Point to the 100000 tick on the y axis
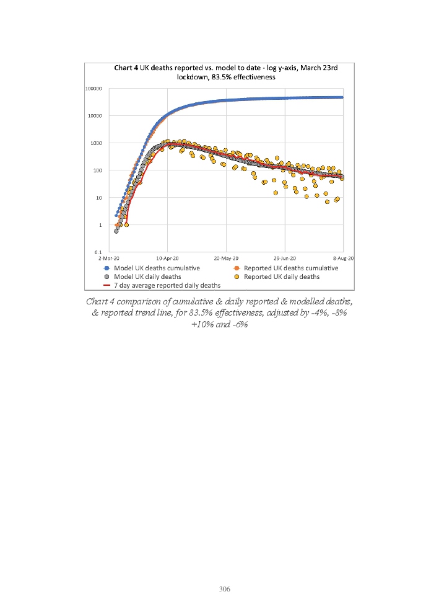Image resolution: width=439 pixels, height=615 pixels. tap(93, 88)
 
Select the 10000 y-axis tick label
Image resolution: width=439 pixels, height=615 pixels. tap(95, 116)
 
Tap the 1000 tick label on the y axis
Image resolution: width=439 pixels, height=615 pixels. tap(97, 143)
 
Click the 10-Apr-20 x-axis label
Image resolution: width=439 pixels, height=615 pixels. tap(167, 259)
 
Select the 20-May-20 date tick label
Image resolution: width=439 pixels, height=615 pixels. tap(227, 259)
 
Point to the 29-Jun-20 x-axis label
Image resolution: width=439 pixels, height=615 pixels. tap(285, 259)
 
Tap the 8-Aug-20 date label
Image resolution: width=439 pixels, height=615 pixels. tap(342, 259)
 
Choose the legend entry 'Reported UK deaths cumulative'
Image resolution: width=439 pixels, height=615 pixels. tap(291, 268)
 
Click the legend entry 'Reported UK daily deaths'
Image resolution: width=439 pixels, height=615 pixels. tap(282, 277)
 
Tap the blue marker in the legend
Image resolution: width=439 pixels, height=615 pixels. tap(106, 268)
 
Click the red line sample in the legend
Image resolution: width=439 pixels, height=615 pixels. tap(106, 285)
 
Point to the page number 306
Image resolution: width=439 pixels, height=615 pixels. tap(225, 589)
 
